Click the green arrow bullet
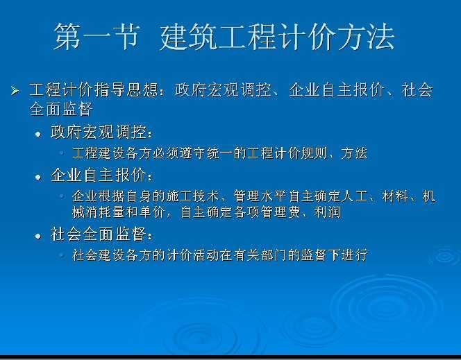15,91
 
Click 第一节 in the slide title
96,37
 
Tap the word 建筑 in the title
189,37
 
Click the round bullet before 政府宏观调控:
38,135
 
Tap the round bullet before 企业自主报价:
38,177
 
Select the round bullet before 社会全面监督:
38,236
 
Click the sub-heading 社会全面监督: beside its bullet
102,234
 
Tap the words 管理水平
260,196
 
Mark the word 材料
396,196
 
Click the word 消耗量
105,212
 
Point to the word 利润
328,212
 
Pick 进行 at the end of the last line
355,255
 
